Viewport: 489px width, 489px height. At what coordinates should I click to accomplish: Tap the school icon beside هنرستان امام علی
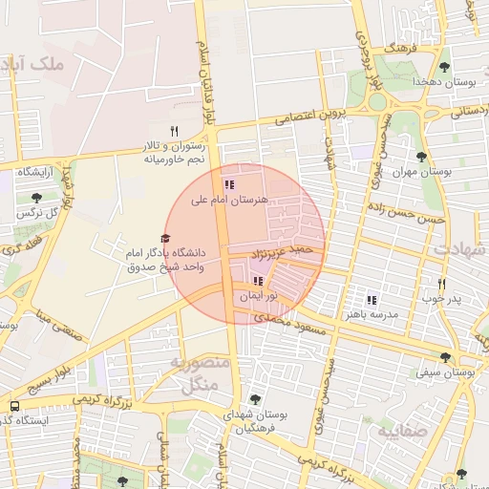click(x=228, y=183)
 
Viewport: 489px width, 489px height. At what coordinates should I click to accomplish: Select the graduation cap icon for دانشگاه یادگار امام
click(x=164, y=239)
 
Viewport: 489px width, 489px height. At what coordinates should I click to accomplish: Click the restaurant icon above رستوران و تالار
click(x=174, y=131)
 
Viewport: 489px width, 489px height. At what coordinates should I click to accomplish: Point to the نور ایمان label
click(x=256, y=297)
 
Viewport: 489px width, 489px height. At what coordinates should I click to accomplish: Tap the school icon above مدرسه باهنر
click(x=372, y=300)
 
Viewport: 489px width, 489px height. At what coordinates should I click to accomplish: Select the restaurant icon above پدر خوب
click(x=441, y=284)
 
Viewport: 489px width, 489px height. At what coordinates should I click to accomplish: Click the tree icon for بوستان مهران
click(x=421, y=157)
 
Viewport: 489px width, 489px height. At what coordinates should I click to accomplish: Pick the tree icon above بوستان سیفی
click(x=446, y=356)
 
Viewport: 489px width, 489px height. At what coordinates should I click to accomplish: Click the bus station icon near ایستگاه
click(x=13, y=406)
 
